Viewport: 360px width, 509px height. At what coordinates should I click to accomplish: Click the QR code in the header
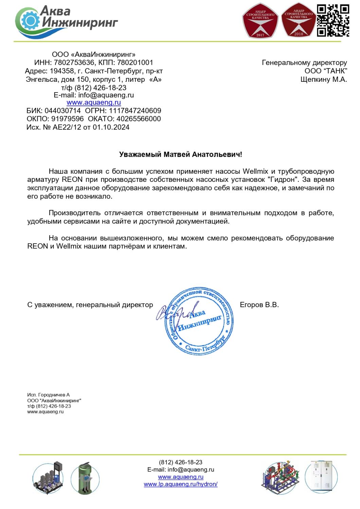pyautogui.click(x=333, y=20)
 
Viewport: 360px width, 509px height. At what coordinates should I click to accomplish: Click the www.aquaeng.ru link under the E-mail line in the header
pyautogui.click(x=94, y=102)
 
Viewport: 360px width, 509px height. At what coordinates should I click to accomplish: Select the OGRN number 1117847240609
pyautogui.click(x=135, y=111)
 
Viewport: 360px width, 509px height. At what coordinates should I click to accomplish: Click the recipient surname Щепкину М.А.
pyautogui.click(x=324, y=80)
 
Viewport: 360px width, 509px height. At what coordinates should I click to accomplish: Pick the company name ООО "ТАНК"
pyautogui.click(x=326, y=71)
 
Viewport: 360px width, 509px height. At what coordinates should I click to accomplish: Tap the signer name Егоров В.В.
pyautogui.click(x=259, y=305)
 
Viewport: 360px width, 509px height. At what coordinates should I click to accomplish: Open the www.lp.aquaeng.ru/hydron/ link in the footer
pyautogui.click(x=181, y=484)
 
